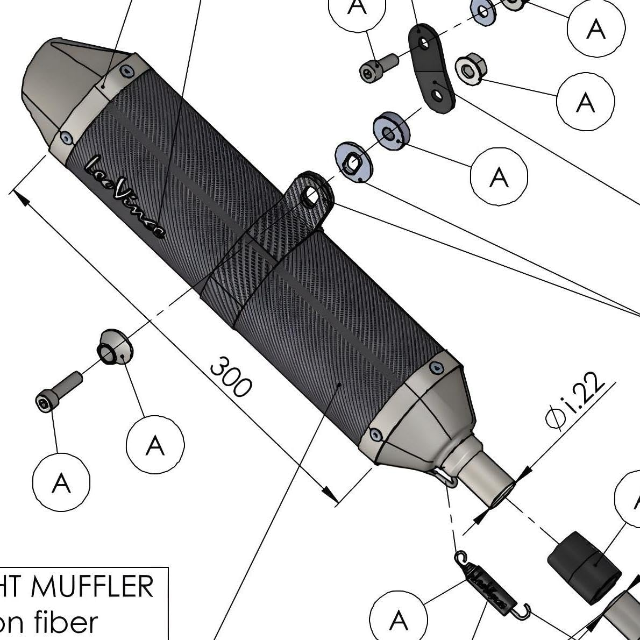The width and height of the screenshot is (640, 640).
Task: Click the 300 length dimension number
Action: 231,376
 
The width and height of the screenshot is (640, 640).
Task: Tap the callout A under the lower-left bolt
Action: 61,482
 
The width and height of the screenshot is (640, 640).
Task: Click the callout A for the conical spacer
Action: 155,445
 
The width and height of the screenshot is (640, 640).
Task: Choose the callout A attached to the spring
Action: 398,620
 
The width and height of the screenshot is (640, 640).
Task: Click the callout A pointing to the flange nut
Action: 585,101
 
